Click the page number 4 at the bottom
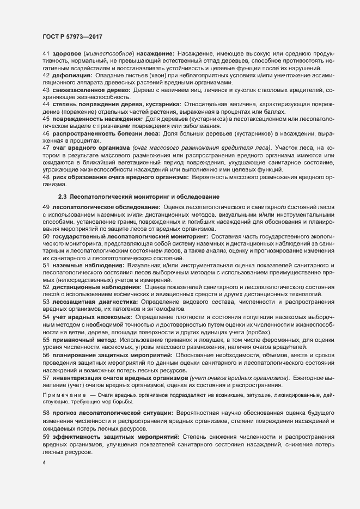click(44, 463)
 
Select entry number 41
click(46, 53)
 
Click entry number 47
click(46, 148)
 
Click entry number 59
click(46, 437)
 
